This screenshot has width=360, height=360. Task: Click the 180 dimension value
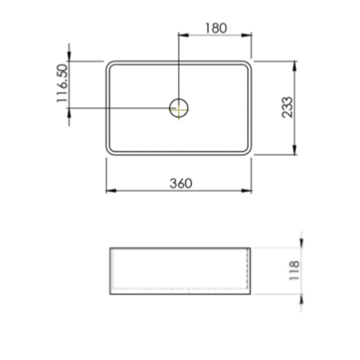[216, 28]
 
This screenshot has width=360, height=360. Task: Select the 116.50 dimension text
[63, 83]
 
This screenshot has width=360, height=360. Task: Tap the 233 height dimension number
[287, 107]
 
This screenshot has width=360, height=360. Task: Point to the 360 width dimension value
[181, 183]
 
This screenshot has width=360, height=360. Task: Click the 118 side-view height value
[294, 271]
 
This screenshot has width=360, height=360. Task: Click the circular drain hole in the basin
[179, 108]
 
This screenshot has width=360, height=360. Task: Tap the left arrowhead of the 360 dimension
[111, 191]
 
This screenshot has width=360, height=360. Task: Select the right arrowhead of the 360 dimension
[247, 191]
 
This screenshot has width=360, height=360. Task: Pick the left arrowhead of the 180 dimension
[183, 35]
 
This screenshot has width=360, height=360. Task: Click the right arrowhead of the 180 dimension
[247, 35]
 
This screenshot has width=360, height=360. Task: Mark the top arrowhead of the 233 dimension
[294, 66]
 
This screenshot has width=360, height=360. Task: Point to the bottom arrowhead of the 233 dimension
[294, 150]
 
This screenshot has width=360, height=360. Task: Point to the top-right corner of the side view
[250, 248]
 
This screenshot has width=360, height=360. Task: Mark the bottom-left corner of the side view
[110, 294]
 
